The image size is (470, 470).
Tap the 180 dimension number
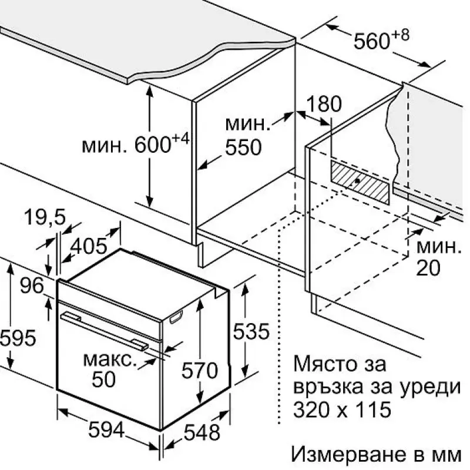[324, 104]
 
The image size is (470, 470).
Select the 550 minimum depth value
[243, 147]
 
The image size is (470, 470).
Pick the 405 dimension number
[89, 246]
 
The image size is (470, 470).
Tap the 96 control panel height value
[32, 286]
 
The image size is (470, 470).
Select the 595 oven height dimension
[18, 338]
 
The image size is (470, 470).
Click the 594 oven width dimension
[106, 429]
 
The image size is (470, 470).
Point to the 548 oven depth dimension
[202, 432]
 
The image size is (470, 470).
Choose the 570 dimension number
[200, 370]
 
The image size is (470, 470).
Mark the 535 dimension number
[251, 331]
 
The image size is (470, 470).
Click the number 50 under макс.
[103, 379]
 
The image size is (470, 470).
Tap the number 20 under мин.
[428, 268]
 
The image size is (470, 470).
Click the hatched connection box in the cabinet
[360, 182]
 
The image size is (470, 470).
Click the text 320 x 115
[343, 409]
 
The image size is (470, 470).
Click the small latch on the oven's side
[176, 317]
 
